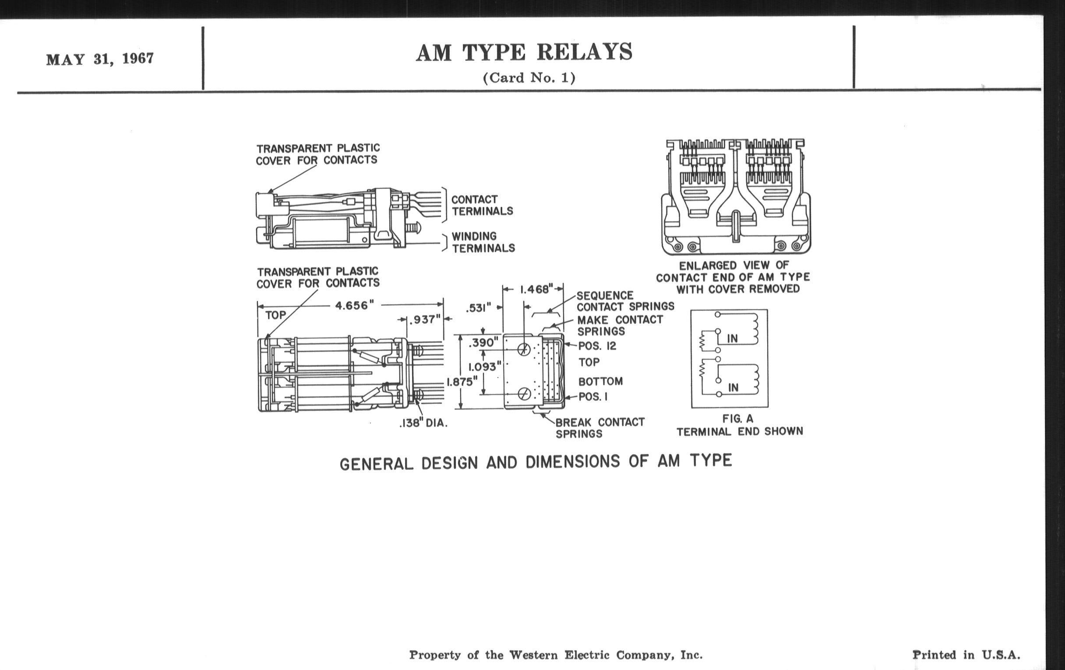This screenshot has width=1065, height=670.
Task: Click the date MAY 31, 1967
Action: point(100,59)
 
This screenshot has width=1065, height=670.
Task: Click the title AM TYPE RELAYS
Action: point(524,53)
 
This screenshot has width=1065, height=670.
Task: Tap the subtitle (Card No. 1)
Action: point(529,78)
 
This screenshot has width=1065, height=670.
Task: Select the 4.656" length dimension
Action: point(354,306)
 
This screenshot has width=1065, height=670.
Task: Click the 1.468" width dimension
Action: point(536,289)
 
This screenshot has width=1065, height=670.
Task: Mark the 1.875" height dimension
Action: point(462,382)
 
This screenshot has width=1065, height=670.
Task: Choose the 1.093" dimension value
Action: point(485,367)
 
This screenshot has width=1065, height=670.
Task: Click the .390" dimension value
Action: point(483,342)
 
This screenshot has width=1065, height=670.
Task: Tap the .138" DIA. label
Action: point(423,423)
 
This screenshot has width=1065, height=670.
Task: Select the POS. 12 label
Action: point(597,346)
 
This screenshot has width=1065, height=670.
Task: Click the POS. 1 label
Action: point(593,397)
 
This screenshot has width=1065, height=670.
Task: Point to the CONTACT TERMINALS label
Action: point(482,205)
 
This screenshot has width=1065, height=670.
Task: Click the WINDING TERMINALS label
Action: point(483,242)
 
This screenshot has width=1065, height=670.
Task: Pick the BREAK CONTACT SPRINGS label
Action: point(600,428)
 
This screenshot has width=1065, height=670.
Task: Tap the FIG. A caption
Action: point(737,418)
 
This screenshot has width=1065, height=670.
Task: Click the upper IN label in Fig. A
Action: point(733,339)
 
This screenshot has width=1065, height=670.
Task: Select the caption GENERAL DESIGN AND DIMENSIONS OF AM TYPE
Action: point(536,462)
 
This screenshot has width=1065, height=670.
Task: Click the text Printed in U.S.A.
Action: point(966,655)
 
